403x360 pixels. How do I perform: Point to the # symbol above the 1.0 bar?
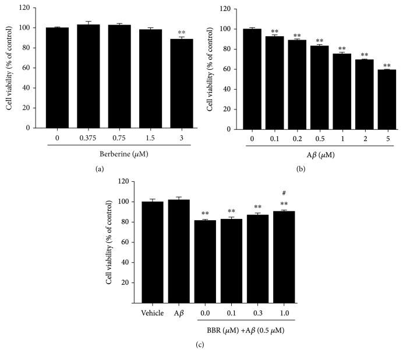[x=284, y=194]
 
